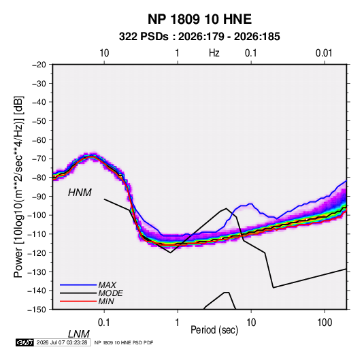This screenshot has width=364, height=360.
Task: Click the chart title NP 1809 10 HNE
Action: point(199,19)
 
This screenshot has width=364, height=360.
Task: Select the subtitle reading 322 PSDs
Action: point(144,37)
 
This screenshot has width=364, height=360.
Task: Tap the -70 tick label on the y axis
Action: point(39,159)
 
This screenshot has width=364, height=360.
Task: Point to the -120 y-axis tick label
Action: point(37,253)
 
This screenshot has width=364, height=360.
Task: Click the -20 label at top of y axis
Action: point(39,65)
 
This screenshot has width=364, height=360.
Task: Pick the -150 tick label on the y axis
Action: point(37,310)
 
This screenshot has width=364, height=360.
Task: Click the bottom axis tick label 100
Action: point(325,323)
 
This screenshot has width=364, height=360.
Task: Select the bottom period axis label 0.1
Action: point(104,323)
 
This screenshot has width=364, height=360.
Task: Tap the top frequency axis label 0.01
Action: point(324,53)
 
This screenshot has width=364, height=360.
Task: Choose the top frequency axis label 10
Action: point(104,53)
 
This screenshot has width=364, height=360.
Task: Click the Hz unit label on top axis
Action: point(214,53)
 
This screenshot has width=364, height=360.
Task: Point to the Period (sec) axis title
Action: point(214,330)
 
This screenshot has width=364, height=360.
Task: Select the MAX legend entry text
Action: point(107,285)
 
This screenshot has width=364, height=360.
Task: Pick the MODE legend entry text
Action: point(110,293)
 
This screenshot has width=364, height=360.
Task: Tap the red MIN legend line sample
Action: point(78,301)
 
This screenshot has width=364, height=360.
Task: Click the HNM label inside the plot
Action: point(80,193)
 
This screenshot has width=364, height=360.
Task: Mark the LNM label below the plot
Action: point(78,334)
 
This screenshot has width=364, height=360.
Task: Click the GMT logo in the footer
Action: point(25,342)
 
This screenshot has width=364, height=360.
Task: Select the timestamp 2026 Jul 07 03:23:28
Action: point(62,342)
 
